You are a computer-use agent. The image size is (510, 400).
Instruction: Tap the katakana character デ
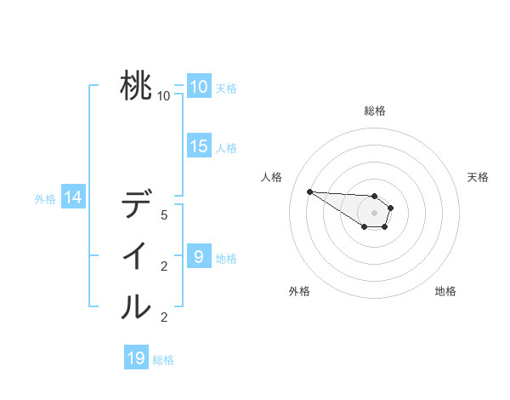[x=136, y=206]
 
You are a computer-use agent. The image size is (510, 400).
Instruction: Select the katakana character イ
[x=136, y=256]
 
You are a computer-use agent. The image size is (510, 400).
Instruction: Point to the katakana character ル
[x=136, y=306]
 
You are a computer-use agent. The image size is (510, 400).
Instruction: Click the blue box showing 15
[x=199, y=146]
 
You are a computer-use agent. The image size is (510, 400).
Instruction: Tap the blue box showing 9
[x=199, y=256]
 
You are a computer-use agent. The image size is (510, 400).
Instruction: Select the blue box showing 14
[x=73, y=197]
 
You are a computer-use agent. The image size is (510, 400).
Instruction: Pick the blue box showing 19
[x=136, y=358]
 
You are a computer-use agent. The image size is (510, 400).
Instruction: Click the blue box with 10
[x=199, y=86]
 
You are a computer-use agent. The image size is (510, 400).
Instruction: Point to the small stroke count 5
[x=164, y=215]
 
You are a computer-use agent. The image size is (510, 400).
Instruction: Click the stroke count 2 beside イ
[x=164, y=266]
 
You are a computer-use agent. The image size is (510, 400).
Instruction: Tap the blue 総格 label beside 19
[x=163, y=360]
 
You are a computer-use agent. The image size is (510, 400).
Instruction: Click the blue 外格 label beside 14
[x=45, y=199]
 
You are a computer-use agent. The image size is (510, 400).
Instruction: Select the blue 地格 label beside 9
[x=226, y=258]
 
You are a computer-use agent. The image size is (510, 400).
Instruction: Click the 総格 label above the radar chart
[x=375, y=111]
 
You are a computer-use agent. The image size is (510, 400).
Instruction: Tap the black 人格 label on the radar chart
[x=272, y=177]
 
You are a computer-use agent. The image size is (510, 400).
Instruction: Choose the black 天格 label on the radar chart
[x=479, y=177]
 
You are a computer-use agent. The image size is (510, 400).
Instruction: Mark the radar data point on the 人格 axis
[x=309, y=191]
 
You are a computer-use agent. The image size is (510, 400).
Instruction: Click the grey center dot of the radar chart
[x=375, y=213]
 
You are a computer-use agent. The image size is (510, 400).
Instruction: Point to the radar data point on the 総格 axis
[x=375, y=196]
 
